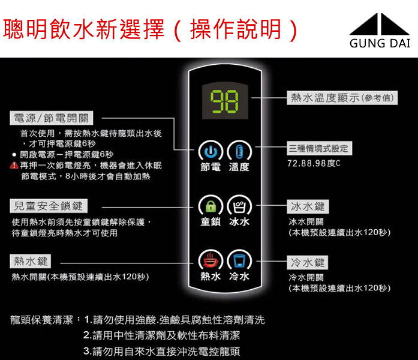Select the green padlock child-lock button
tap(209, 206)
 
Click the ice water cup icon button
tap(239, 206)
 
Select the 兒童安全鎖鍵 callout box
tap(48, 206)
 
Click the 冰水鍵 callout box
tap(308, 206)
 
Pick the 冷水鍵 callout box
tap(308, 262)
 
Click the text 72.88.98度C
tap(314, 163)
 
